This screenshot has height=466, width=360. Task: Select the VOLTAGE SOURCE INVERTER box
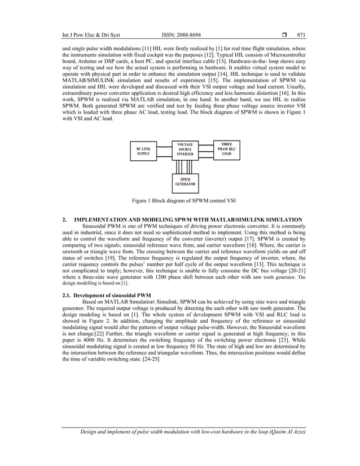coord(185,150)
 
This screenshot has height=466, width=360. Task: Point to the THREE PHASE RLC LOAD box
coord(226,149)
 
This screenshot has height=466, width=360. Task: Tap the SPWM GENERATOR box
coord(185,182)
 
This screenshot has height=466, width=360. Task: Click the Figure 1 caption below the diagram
coord(180,200)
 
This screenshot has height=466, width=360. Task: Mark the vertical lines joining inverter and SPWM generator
coord(185,167)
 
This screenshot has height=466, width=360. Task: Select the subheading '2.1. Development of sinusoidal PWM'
coord(107,295)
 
